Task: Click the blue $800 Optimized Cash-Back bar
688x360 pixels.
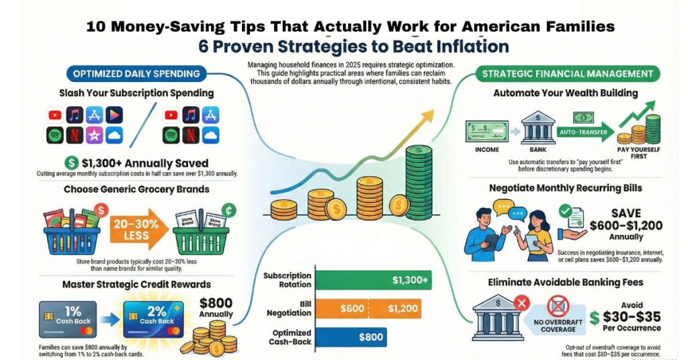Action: coord(350,337)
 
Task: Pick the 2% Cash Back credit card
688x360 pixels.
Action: coord(153,319)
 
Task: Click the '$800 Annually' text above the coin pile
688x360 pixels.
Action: coord(216,307)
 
